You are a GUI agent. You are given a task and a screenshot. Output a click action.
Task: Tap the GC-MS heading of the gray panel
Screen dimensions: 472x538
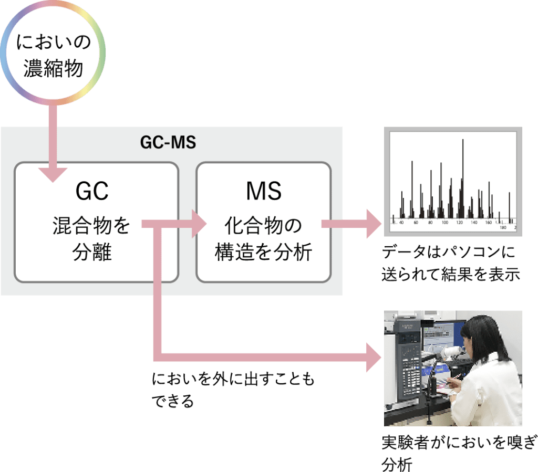tap(168, 143)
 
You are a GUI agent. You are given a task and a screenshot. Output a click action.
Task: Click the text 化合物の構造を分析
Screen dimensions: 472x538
tap(264, 239)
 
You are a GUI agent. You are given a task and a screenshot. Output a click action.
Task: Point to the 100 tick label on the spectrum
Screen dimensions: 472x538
tap(445, 223)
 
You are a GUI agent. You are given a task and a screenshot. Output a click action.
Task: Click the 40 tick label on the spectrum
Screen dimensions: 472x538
tap(401, 223)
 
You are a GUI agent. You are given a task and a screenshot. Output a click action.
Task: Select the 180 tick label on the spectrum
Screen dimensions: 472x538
tap(503, 227)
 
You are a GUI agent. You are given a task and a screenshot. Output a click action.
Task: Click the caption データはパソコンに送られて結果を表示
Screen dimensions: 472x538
tap(451, 263)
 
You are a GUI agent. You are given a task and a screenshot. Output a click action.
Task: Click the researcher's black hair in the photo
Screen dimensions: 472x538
tap(475, 336)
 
